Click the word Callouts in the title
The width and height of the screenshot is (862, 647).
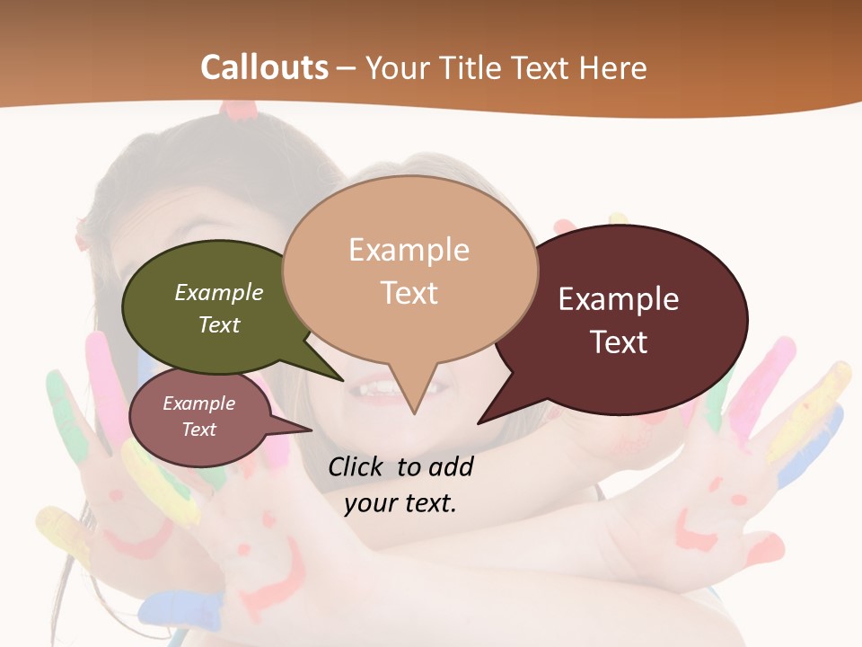click(264, 67)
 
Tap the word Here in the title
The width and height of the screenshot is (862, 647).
click(613, 67)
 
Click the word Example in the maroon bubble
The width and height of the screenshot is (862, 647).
click(619, 299)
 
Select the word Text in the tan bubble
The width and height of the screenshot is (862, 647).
click(409, 293)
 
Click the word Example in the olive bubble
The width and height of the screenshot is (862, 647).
click(219, 293)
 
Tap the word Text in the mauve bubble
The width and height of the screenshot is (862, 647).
click(198, 430)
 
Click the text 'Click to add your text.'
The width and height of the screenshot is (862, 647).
click(400, 484)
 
